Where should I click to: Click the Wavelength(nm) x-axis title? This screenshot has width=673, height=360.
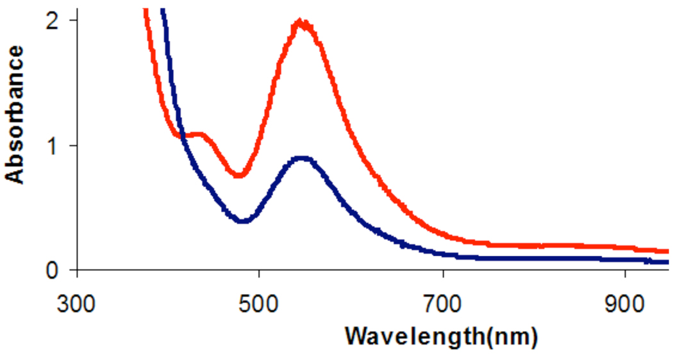tap(440, 335)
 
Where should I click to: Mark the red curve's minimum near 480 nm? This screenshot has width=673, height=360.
tap(240, 174)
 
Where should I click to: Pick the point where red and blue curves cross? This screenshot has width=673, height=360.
tap(183, 136)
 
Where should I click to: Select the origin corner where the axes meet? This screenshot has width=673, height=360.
tap(78, 270)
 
